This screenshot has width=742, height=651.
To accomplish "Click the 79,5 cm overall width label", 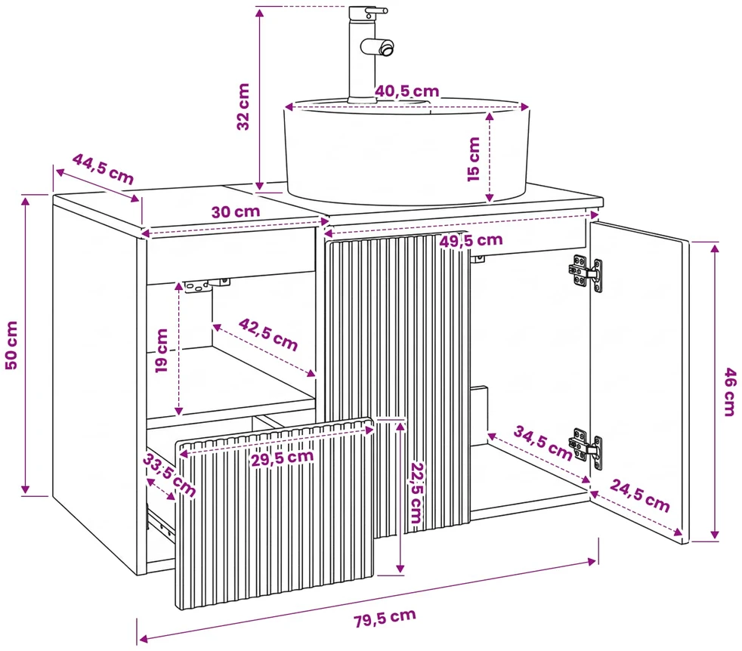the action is point(385,618).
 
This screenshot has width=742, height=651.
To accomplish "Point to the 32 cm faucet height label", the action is point(243,106).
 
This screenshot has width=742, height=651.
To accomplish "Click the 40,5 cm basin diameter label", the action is point(407,91).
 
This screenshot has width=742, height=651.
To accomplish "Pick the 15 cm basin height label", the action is point(474,159).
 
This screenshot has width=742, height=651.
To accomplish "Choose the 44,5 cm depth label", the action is point(104,169).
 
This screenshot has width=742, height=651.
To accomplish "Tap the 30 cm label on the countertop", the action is point(235,211).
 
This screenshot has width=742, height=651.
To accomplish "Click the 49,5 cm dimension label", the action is point(471,241).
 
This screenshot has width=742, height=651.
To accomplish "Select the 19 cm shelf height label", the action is point(162,350).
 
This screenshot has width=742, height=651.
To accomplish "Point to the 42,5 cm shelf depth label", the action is point(268,335).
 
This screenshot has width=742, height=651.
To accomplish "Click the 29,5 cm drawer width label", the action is point(282,458).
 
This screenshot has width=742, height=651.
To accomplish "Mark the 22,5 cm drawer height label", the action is point(416,492).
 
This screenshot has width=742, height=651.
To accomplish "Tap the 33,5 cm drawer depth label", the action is point(169,474).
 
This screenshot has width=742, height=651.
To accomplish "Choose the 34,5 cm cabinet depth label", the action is point(543,443).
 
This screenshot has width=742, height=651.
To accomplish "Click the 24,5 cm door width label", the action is point(640,495).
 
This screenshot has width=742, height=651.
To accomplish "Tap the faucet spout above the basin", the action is point(378,47).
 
